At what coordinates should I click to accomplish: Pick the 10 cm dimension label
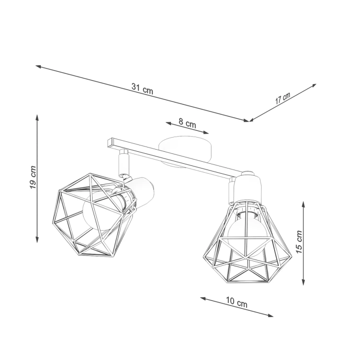click(237, 303)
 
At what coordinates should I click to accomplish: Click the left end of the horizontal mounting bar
click(109, 142)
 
